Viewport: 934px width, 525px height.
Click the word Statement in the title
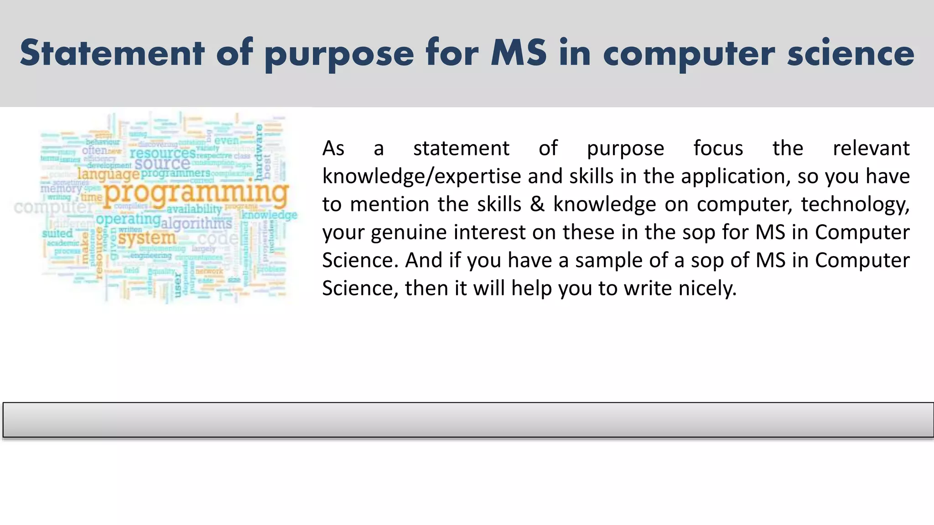(112, 53)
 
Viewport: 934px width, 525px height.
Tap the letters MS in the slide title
(519, 53)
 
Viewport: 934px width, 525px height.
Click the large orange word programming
(196, 192)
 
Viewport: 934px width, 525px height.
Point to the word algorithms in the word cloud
(197, 223)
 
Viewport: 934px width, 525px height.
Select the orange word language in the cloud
(108, 174)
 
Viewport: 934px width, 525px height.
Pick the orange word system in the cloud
(147, 238)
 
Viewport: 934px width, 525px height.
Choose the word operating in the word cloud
(128, 219)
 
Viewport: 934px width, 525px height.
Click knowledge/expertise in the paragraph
(421, 176)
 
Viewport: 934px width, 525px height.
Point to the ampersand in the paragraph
(537, 204)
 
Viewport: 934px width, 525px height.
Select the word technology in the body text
(855, 204)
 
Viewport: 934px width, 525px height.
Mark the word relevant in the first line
(871, 148)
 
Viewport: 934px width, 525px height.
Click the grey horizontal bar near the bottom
(468, 420)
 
